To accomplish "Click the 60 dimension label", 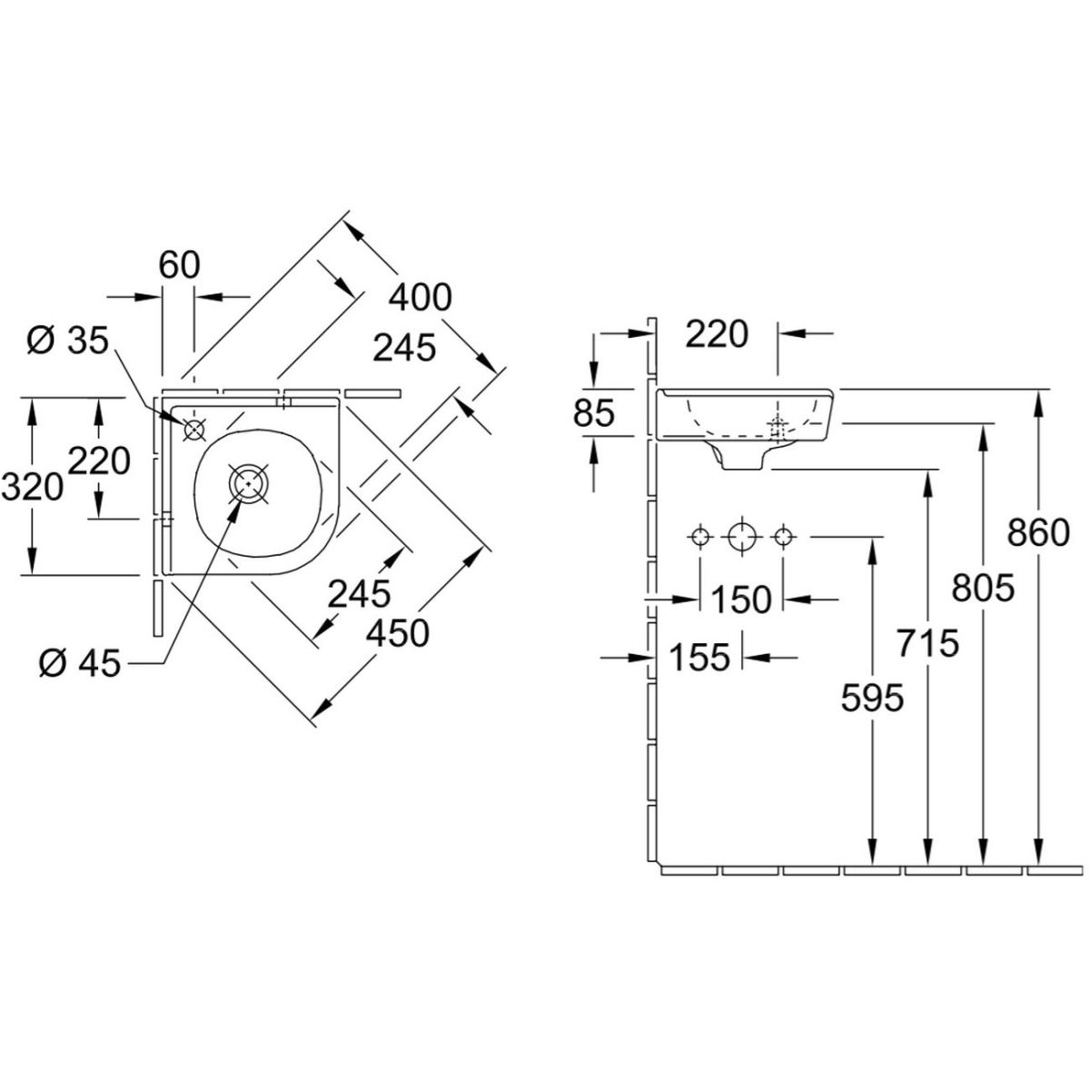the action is click(179, 264).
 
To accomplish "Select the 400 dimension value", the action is click(421, 297).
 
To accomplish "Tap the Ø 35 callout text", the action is click(68, 342).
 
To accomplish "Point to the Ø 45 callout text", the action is click(80, 662).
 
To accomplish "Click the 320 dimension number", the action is click(32, 487).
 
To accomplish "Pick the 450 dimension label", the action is click(398, 632).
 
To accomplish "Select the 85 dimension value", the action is click(593, 412).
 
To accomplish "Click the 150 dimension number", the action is click(741, 599).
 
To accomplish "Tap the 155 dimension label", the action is click(699, 657).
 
